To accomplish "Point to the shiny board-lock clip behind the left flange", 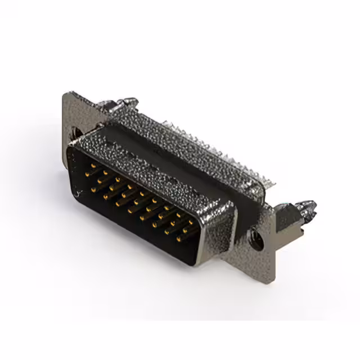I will [125, 103].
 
